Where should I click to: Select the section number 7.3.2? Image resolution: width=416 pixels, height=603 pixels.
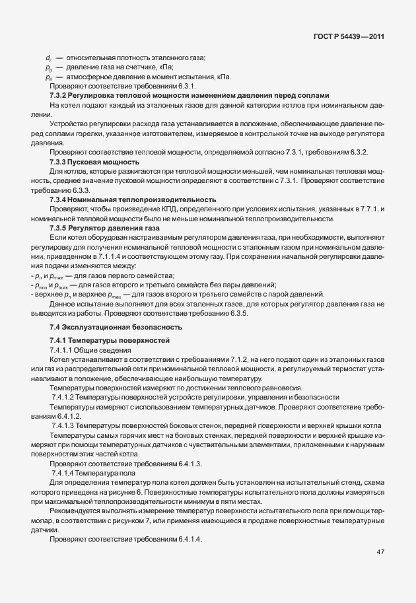tap(61, 96)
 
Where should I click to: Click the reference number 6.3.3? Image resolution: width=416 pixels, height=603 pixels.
tap(91, 190)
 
